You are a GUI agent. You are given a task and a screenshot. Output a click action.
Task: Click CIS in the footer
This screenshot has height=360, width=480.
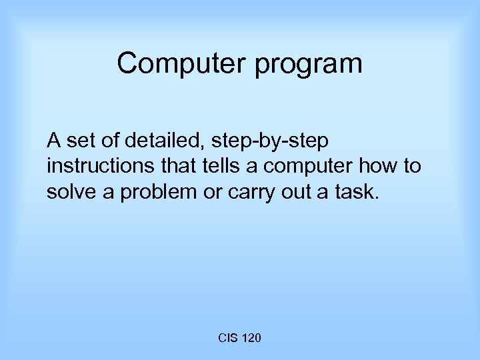click(228, 339)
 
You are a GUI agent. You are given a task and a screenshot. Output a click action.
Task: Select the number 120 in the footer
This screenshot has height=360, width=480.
click(251, 339)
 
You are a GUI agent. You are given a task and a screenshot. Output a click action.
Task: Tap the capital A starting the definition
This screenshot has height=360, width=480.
click(53, 141)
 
